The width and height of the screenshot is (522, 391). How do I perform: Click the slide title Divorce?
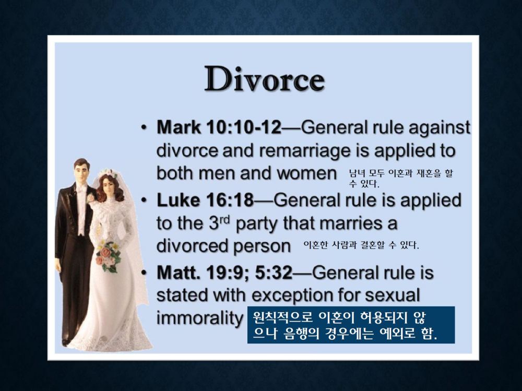[x=265, y=79]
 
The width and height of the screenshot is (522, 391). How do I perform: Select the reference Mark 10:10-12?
[x=219, y=127]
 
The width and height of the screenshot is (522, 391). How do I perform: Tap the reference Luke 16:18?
[x=205, y=200]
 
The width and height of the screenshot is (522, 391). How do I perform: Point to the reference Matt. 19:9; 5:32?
[x=224, y=273]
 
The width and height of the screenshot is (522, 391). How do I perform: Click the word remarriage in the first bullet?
[x=304, y=151]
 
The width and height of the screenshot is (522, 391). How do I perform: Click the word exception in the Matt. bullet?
[x=291, y=295]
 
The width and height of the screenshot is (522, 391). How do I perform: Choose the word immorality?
[x=200, y=318]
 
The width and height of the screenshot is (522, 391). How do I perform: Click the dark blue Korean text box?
[x=351, y=325]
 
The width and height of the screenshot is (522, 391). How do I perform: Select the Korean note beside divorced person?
[x=361, y=245]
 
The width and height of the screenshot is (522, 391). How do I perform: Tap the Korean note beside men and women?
[x=401, y=178]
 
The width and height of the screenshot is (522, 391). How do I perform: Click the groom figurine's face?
[x=82, y=172]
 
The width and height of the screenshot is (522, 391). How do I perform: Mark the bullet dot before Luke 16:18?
[x=144, y=200]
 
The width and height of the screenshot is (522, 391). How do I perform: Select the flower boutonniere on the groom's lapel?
[x=90, y=198]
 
